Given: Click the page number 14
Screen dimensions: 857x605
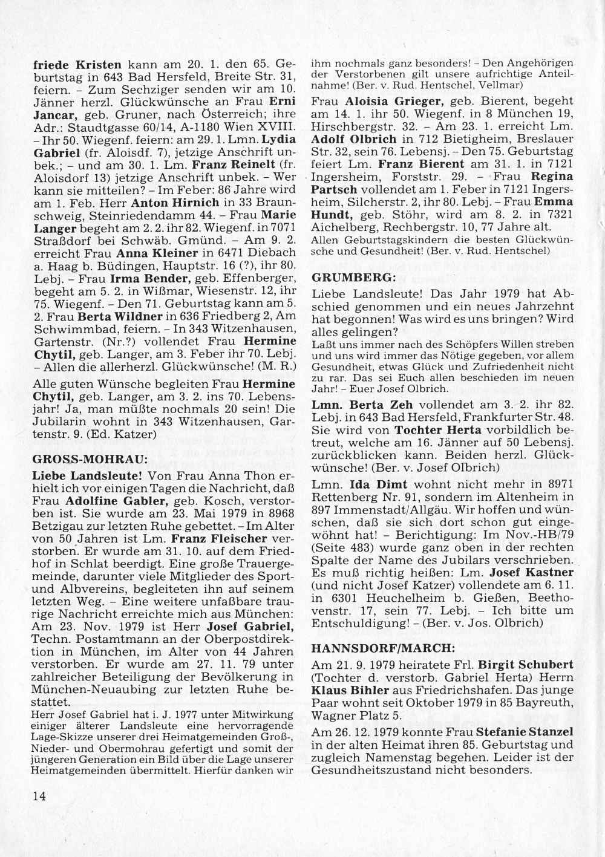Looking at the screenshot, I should [x=39, y=796].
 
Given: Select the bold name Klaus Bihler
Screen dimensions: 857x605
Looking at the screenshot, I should [x=349, y=689].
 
